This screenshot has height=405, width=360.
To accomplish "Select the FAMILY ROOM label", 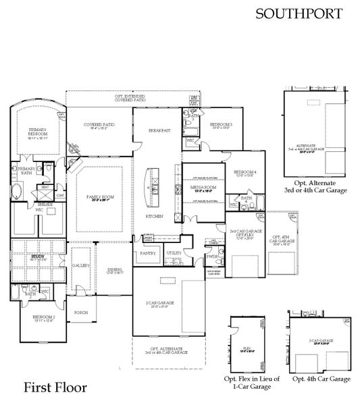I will coord(99,179).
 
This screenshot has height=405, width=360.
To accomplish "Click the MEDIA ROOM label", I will coord(203,188).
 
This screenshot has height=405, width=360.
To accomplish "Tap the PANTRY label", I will coord(147,253).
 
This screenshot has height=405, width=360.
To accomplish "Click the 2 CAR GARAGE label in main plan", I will coord(162,303).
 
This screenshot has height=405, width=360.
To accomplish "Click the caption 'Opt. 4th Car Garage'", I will coord(322,380).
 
